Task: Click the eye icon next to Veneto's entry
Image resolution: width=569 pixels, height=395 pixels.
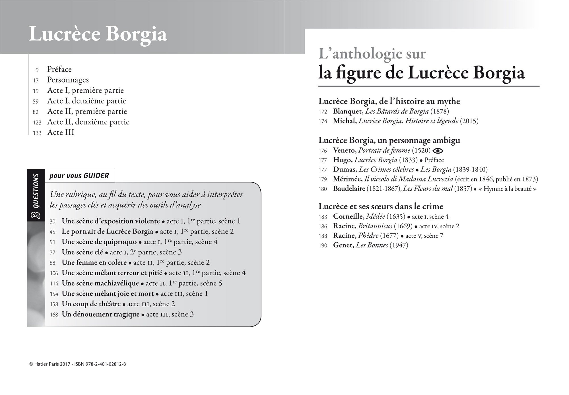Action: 438,151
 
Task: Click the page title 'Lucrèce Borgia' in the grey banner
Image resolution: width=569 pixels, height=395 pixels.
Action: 98,34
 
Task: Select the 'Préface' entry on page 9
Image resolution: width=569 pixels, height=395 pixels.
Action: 59,69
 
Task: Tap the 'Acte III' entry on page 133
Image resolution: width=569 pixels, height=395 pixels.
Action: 61,133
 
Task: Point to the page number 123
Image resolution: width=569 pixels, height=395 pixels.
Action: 37,123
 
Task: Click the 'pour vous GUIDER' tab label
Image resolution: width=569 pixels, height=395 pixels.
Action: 79,176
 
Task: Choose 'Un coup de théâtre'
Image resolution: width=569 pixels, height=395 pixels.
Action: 91,304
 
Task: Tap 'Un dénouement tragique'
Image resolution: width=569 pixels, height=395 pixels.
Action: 101,315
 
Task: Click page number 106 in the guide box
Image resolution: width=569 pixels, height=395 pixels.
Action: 54,273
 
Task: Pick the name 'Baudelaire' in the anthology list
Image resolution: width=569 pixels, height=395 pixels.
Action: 349,189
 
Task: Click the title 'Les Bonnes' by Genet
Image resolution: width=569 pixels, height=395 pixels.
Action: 372,245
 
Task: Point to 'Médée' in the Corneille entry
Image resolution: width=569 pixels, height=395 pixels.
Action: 376,217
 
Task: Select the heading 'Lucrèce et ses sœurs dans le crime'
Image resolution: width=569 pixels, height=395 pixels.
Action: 381,206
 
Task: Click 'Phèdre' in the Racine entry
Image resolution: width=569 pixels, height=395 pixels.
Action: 368,236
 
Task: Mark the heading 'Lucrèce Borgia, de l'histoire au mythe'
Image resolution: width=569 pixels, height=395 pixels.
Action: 389,101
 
